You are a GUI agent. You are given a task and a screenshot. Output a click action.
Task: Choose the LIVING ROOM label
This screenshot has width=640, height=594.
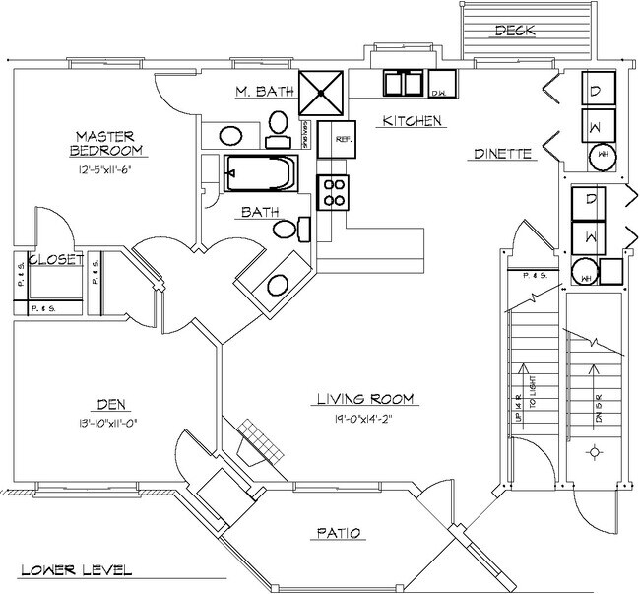click(x=364, y=399)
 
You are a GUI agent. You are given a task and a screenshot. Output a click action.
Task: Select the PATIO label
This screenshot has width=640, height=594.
click(x=341, y=534)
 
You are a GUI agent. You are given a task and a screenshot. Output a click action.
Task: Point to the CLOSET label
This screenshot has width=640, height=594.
click(x=53, y=260)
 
